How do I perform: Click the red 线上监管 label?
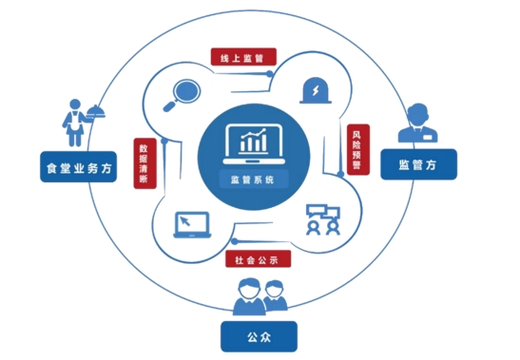point(243,57)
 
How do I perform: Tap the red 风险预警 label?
point(358,149)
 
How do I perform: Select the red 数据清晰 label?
point(144,163)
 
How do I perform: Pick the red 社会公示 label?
point(258,258)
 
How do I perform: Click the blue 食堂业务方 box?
point(79,167)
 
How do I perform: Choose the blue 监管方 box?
point(418,164)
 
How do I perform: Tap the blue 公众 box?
point(259,336)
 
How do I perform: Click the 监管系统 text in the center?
point(253,180)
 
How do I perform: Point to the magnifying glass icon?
point(182,95)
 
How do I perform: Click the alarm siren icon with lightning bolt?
point(316,90)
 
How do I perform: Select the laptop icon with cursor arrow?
point(192,225)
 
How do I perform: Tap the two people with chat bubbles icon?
point(323,219)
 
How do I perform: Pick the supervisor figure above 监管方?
point(418,123)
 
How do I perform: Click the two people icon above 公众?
point(260,296)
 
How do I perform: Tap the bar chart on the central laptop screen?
point(254,141)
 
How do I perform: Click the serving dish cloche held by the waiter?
point(96,112)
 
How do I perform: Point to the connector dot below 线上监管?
point(270,73)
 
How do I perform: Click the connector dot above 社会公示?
point(234,241)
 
